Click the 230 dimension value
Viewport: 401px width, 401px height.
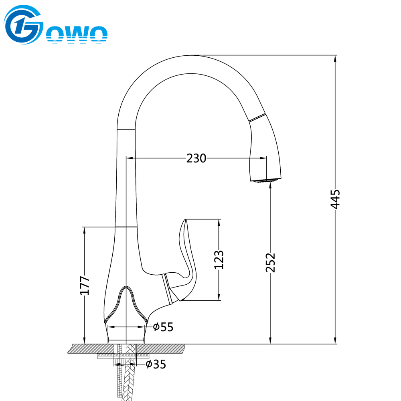pos(196,158)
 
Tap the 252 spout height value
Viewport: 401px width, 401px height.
pos(270,263)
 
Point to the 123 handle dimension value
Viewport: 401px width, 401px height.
pos(219,260)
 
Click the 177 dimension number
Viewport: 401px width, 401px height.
pos(84,286)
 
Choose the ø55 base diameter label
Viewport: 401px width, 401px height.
pos(163,327)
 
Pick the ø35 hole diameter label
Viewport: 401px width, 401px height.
pos(156,364)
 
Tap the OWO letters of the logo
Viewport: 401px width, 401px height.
pos(77,35)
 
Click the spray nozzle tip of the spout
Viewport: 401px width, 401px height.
pos(265,181)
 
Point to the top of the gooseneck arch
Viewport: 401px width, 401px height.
pos(190,55)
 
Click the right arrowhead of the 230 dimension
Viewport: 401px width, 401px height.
pos(263,158)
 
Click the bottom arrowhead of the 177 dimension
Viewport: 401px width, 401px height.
pos(84,340)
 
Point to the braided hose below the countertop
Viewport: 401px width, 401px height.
pos(129,379)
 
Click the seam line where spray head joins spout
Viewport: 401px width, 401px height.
pos(257,117)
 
